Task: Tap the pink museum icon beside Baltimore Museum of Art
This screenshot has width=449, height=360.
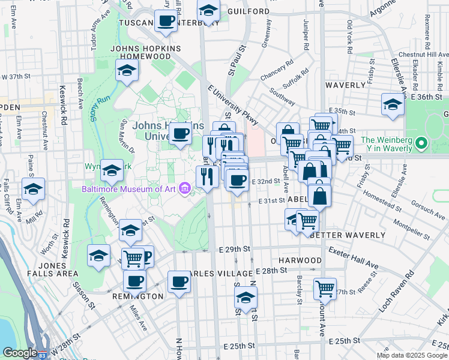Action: coord(184,190)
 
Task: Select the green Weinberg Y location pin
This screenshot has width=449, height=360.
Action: coord(421,143)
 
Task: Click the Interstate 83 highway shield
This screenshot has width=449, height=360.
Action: coord(43,354)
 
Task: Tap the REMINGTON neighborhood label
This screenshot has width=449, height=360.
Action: coord(137,296)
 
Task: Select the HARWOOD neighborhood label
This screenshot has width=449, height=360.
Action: coord(301,261)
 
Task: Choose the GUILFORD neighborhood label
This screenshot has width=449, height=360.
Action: coord(249,11)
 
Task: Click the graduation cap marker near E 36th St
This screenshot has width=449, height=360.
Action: coord(393,103)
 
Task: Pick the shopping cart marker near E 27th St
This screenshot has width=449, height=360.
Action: coord(325,289)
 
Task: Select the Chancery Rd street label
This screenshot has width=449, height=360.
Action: coord(277,70)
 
